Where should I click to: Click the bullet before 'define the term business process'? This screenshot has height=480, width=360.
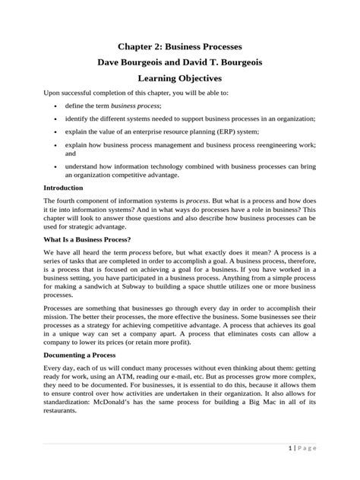tap(59, 107)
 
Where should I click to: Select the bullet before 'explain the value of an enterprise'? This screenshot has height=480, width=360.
tap(59, 131)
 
